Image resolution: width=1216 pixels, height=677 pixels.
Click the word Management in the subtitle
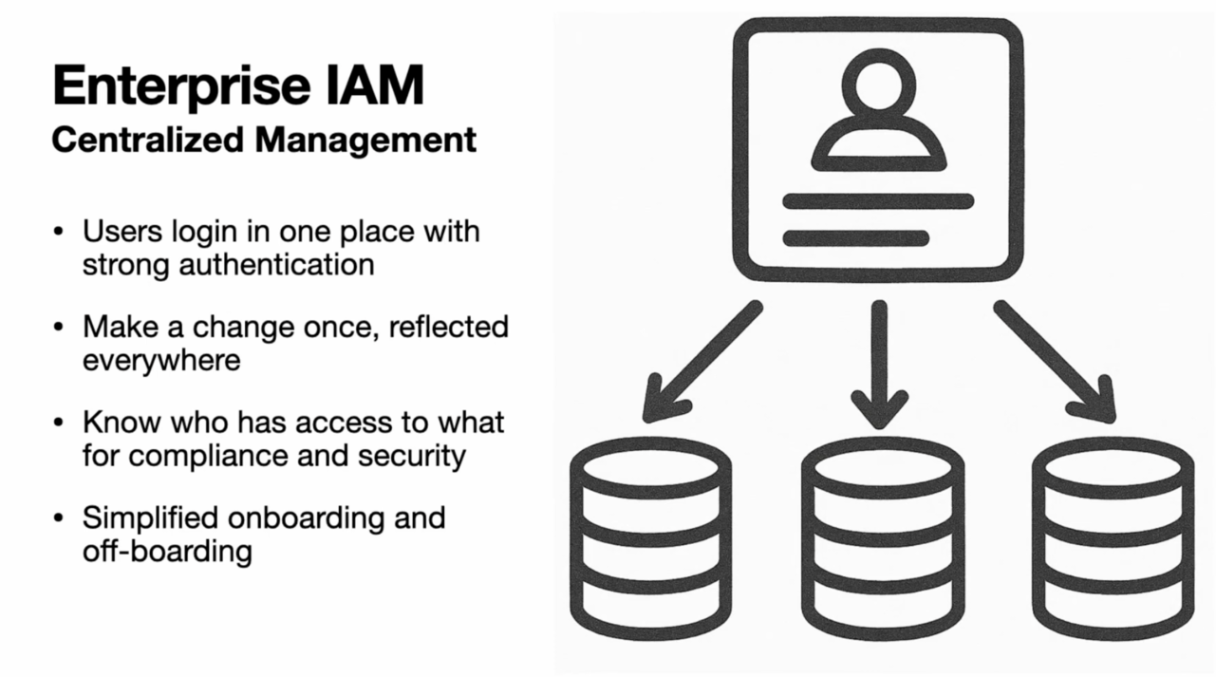point(365,141)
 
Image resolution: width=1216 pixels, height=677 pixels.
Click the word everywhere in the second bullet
point(160,360)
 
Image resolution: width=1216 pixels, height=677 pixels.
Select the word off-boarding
point(166,551)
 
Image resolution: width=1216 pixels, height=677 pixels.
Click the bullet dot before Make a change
point(60,328)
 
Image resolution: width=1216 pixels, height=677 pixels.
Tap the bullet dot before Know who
point(60,423)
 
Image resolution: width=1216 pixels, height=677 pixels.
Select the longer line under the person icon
point(878,201)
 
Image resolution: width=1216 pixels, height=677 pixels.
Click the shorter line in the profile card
point(855,237)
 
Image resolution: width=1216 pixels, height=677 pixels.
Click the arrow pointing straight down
point(879,366)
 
